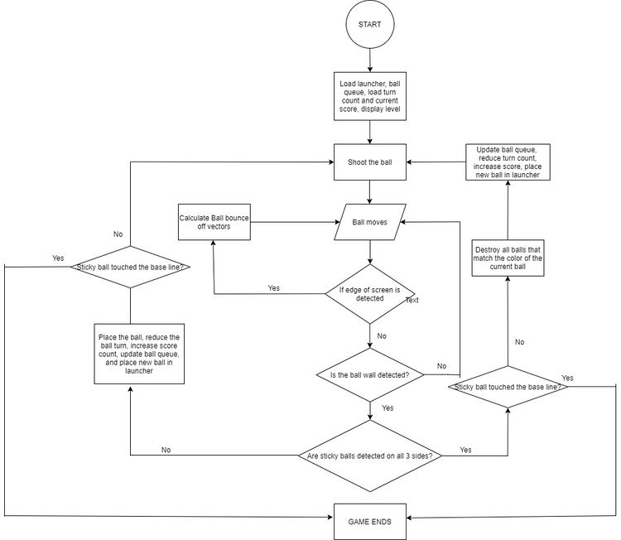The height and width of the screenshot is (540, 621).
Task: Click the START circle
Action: (x=370, y=24)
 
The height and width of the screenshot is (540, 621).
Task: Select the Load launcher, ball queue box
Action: (x=370, y=96)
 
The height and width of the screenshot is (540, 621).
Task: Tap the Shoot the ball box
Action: (x=370, y=162)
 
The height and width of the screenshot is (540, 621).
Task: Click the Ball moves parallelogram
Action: (x=370, y=222)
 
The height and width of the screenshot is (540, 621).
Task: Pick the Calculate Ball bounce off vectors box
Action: (x=214, y=222)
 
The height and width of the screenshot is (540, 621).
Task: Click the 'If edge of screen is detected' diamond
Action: (x=370, y=294)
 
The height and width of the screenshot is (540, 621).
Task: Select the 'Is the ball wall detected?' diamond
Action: (x=370, y=375)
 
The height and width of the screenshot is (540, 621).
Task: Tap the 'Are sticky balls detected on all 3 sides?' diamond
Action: (x=370, y=456)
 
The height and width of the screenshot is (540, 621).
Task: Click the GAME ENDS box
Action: (x=370, y=522)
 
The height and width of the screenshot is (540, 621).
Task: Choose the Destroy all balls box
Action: (x=508, y=258)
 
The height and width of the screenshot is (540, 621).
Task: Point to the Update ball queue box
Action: (x=508, y=162)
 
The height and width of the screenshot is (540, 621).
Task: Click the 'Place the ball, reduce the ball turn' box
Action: (x=139, y=354)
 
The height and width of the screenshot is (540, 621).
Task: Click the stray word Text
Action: (x=412, y=301)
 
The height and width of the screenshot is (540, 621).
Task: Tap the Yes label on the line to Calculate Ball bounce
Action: (x=274, y=288)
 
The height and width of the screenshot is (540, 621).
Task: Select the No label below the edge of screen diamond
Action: (x=382, y=336)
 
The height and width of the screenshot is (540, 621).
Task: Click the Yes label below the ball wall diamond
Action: (x=388, y=408)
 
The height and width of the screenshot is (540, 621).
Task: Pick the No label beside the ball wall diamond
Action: (x=441, y=366)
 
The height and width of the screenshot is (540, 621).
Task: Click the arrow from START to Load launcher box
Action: (x=370, y=60)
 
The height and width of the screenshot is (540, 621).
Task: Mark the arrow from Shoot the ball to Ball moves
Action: (x=370, y=192)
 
